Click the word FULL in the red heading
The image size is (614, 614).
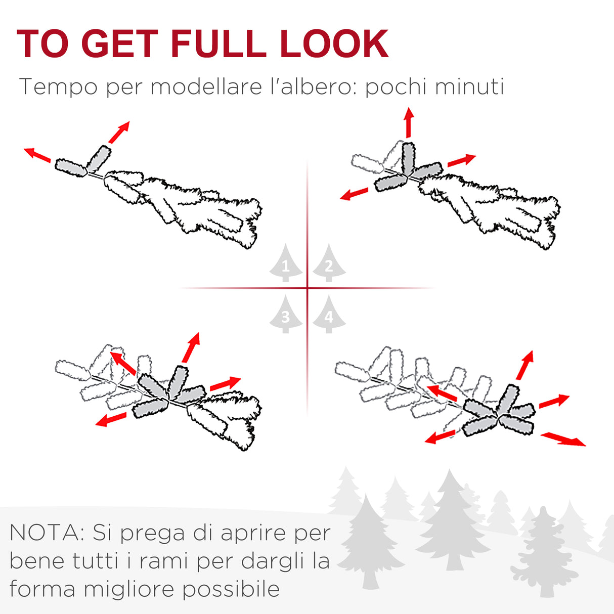click(218, 43)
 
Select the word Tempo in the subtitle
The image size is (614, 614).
click(58, 87)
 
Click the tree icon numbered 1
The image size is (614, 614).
click(285, 263)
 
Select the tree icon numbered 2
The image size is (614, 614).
click(329, 263)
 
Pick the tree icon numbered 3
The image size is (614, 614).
click(285, 314)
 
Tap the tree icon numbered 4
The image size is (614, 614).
click(329, 314)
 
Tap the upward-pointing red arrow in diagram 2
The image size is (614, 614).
click(409, 123)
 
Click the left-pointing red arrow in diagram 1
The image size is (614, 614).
click(37, 155)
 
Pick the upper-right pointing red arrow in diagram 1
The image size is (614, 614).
click(119, 132)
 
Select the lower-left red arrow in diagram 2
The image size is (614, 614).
click(354, 194)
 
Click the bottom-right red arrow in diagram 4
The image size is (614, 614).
click(563, 440)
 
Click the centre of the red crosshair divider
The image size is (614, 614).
click(307, 288)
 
